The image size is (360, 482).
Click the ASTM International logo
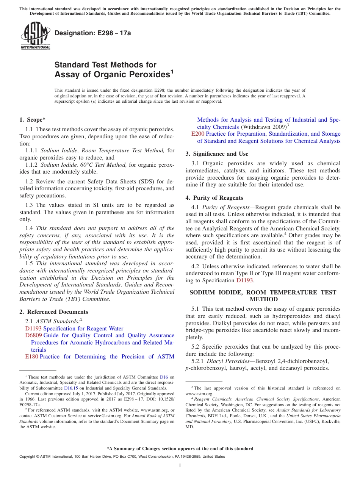(35, 36)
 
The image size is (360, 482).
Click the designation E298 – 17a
(92, 33)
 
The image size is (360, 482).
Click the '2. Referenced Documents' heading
(53, 312)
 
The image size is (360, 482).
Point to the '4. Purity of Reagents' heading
(214, 198)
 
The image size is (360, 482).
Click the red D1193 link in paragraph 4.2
(244, 280)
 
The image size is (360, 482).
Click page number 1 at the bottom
(180, 466)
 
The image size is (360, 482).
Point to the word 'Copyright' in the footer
(28, 457)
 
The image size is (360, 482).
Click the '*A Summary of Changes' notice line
(180, 449)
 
